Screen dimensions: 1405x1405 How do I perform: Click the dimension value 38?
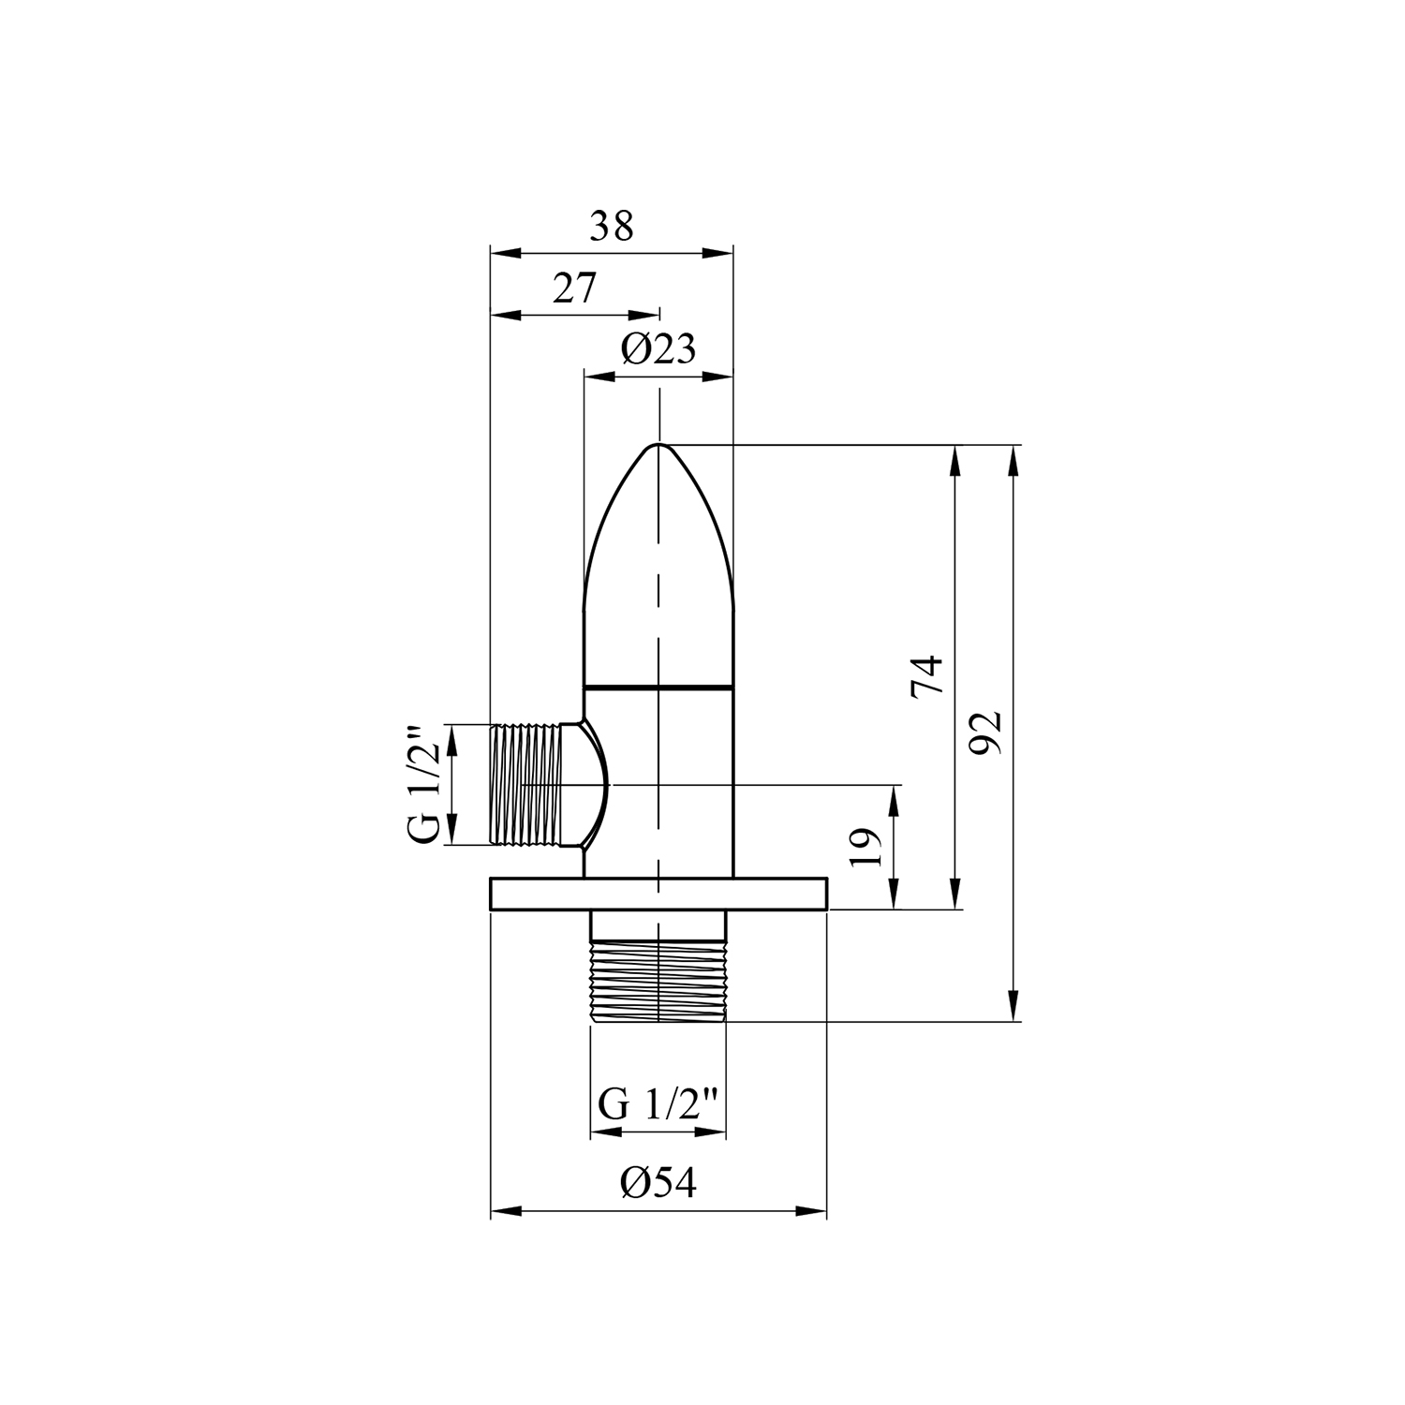[x=612, y=227]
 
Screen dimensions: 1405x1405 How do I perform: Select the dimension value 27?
[x=574, y=288]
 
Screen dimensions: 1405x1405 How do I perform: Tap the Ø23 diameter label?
[x=658, y=350]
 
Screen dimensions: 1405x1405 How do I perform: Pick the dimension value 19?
[x=867, y=848]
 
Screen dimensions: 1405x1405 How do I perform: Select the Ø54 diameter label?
[x=658, y=1184]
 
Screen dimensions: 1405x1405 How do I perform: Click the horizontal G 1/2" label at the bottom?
[x=658, y=1105]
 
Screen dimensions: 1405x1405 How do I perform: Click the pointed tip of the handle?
[x=659, y=444]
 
